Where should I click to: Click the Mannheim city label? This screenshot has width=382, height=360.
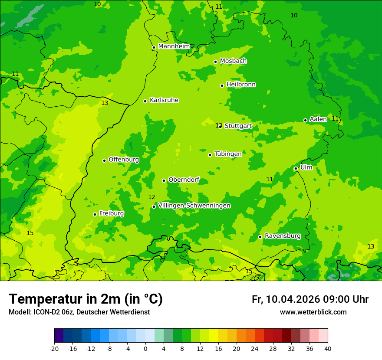click(174, 46)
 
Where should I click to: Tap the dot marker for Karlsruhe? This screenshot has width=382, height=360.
click(145, 101)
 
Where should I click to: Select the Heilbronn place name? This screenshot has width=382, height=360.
click(241, 85)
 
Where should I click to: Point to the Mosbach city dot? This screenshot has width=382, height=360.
click(215, 62)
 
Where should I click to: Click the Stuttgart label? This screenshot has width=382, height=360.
click(238, 126)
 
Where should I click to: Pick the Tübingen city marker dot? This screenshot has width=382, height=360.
click(210, 155)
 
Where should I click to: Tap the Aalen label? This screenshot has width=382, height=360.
click(318, 119)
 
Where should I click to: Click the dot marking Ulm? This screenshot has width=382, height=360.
click(296, 168)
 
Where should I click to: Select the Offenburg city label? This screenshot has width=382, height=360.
click(124, 160)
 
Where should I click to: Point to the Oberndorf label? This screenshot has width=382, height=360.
click(184, 180)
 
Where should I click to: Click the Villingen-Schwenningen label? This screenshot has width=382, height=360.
click(194, 206)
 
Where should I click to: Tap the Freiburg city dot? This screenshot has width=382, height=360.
click(95, 214)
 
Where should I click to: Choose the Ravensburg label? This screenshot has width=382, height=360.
click(283, 236)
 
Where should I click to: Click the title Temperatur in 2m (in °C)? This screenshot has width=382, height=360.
click(86, 299)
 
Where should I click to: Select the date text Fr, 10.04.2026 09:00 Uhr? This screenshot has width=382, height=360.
click(310, 299)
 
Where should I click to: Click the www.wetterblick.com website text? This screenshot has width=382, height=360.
click(313, 312)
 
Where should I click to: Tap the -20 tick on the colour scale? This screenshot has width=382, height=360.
click(54, 348)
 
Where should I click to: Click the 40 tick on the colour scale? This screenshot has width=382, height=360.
click(328, 348)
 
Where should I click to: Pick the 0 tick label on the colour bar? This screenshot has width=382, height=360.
click(145, 348)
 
